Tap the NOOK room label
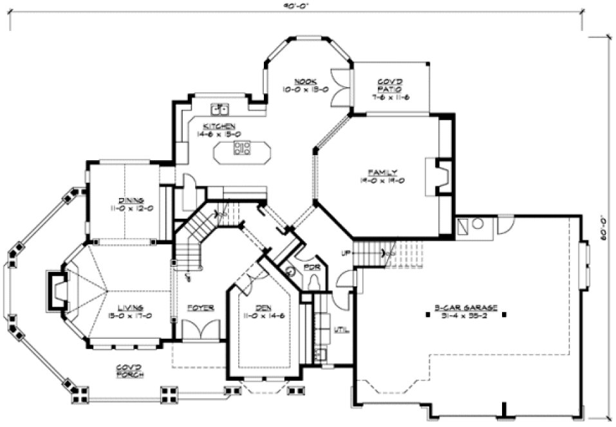(x=304, y=82)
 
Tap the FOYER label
(x=201, y=307)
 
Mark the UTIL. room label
(x=342, y=331)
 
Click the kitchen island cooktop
(x=242, y=150)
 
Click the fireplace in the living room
(x=58, y=293)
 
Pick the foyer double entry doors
(x=201, y=331)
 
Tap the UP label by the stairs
(x=346, y=252)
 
